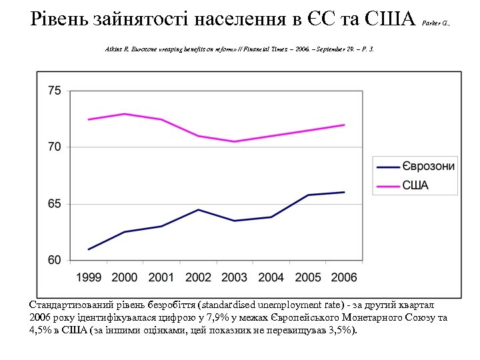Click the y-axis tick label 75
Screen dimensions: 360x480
(x=55, y=91)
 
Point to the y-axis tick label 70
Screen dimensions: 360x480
(x=55, y=147)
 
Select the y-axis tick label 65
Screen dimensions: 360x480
(x=55, y=203)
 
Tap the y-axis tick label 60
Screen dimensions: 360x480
(x=55, y=260)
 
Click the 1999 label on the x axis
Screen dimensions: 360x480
(x=89, y=277)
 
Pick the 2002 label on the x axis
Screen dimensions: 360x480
(x=198, y=277)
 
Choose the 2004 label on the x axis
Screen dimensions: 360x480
(x=271, y=277)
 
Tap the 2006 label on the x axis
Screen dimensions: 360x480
(x=343, y=277)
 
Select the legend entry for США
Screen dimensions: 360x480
(x=415, y=185)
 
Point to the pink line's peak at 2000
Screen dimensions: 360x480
(x=125, y=114)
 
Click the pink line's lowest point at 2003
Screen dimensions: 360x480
(x=235, y=141)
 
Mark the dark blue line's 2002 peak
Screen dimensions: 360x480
(x=198, y=209)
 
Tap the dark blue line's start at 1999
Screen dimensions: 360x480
(x=89, y=249)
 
